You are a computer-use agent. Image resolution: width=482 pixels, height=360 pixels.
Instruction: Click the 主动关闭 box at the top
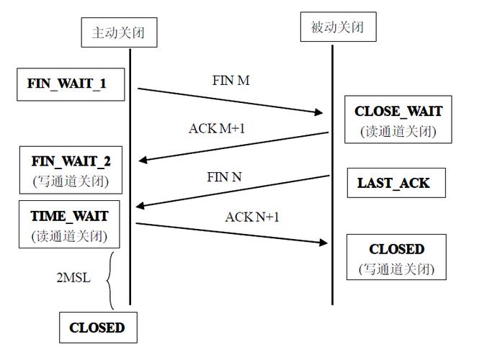119,32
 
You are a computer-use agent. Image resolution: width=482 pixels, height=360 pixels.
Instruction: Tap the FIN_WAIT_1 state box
67,84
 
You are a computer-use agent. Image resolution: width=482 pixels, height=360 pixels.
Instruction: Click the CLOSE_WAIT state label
398,112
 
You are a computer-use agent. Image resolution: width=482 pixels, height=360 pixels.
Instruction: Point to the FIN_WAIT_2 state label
71,160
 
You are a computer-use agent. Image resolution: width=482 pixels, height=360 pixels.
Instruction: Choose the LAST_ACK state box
393,183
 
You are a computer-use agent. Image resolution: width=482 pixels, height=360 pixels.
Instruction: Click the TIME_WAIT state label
70,215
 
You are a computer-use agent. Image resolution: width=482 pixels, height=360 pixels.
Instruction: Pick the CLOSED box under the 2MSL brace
97,328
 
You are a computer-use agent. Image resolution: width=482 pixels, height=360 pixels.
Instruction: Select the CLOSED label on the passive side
397,249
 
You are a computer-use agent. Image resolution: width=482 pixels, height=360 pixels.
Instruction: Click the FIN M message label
231,81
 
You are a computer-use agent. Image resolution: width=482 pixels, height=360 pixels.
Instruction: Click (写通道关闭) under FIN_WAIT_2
71,180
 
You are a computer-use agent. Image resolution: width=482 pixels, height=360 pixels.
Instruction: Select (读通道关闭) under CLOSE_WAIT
398,132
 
